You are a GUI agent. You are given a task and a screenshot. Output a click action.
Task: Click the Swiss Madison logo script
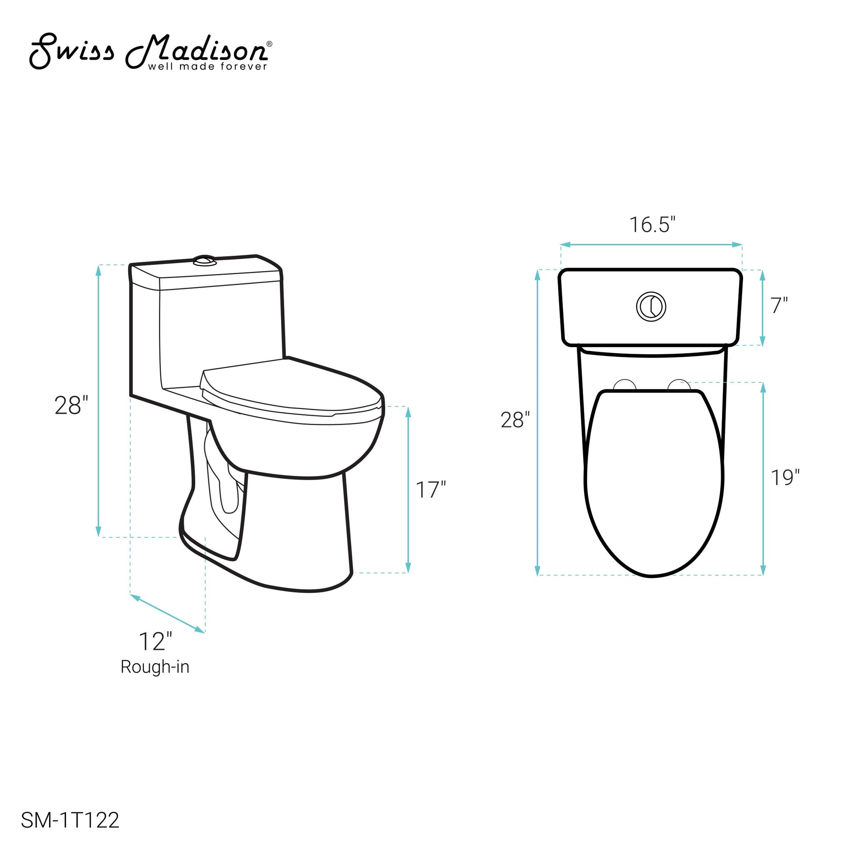tap(150, 51)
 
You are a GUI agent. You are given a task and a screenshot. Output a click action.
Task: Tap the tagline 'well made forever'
tap(208, 67)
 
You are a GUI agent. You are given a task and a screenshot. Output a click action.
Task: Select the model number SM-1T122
tap(70, 820)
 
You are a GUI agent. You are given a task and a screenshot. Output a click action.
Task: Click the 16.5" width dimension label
tap(652, 225)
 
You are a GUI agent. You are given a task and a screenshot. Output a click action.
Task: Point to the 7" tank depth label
tap(779, 306)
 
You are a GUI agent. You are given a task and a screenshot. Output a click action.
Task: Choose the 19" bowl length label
tap(785, 478)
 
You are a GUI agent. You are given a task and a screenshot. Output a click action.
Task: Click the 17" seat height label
tap(431, 490)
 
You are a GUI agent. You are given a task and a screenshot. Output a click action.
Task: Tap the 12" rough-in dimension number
tap(155, 641)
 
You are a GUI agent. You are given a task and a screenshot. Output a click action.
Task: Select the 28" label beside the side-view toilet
tap(71, 405)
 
